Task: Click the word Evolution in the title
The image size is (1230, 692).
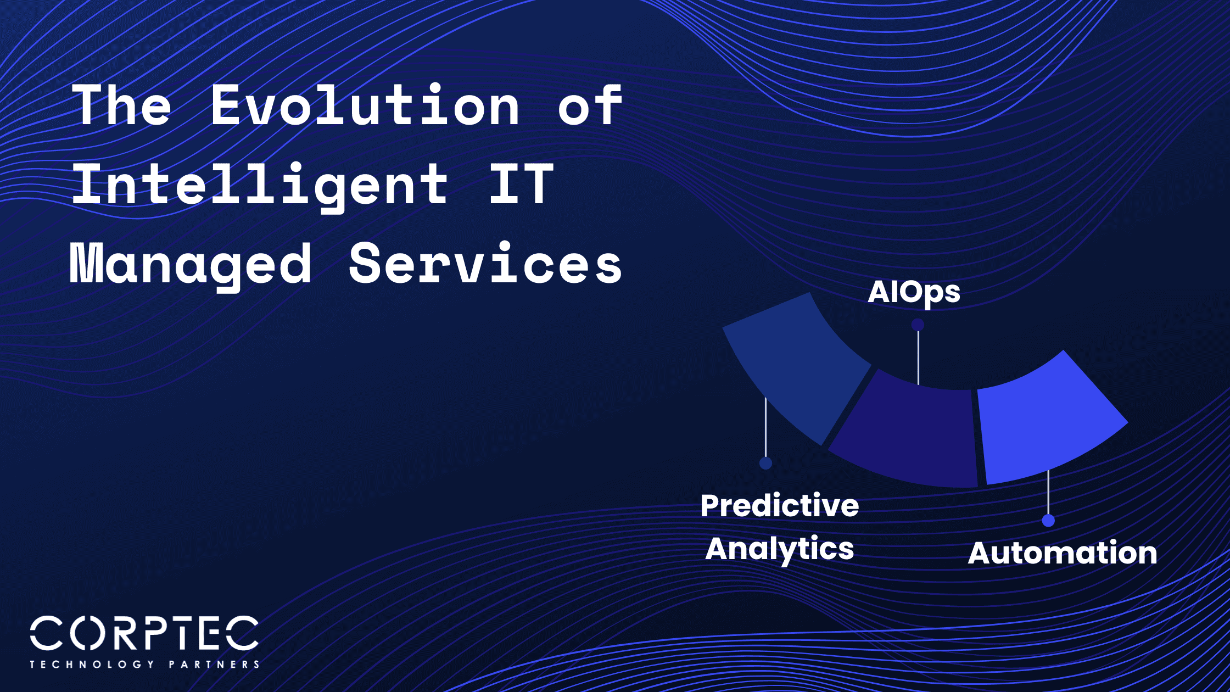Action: (x=365, y=105)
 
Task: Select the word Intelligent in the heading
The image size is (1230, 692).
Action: (x=260, y=185)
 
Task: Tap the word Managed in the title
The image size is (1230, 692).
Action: (x=191, y=265)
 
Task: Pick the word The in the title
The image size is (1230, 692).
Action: (x=122, y=105)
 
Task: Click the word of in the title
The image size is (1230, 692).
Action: (x=590, y=105)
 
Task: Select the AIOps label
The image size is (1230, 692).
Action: (x=914, y=292)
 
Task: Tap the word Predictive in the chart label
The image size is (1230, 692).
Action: (x=779, y=505)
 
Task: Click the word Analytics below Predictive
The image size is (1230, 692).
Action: (x=779, y=549)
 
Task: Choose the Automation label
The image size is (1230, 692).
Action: (x=1063, y=553)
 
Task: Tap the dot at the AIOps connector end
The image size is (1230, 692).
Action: (x=918, y=325)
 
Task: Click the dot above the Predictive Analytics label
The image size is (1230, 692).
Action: (x=765, y=463)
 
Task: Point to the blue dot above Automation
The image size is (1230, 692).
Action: (x=1048, y=520)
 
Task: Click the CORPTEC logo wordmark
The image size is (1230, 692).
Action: (x=144, y=633)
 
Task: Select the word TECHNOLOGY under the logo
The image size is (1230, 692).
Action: (x=92, y=665)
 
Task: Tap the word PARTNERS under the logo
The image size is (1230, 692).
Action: (x=214, y=665)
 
